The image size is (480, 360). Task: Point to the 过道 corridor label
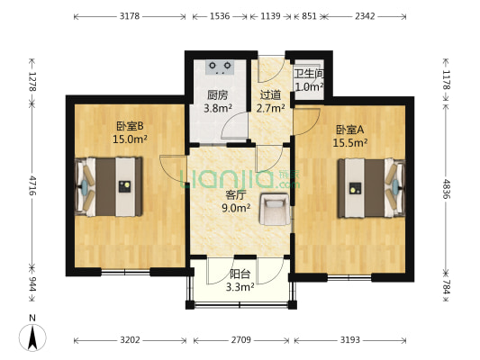[270, 94]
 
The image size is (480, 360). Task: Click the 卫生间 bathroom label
[308, 75]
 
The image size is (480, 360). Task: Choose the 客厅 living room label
[237, 193]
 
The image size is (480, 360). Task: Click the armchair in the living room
[274, 210]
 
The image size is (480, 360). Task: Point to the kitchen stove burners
[219, 66]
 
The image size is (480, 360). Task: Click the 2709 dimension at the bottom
[240, 340]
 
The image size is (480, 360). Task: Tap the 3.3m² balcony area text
[240, 288]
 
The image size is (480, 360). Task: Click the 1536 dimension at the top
[220, 16]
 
